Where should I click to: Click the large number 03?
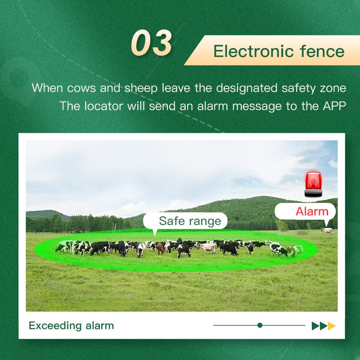tap(152, 43)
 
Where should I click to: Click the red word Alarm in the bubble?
tap(312, 211)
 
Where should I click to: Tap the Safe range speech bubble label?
tap(189, 221)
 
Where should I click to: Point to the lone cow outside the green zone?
tap(327, 230)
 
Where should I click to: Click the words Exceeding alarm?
tap(71, 325)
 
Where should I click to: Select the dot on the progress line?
tap(260, 325)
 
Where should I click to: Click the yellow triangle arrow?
tap(332, 326)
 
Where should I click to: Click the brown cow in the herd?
tap(160, 248)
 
